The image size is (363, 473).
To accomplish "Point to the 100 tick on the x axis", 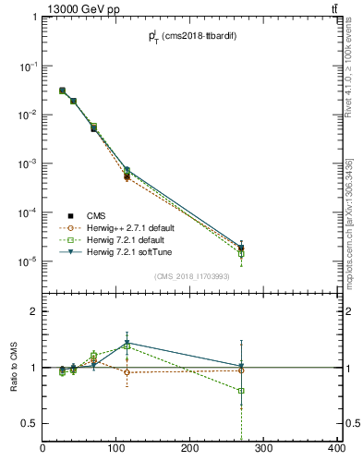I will click(116, 449).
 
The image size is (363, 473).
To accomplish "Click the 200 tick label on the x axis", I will click(190, 449).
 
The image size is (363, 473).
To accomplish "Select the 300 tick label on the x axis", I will click(263, 449).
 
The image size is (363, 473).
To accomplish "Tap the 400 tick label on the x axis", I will click(335, 449).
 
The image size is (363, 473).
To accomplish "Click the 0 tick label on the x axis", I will click(43, 449).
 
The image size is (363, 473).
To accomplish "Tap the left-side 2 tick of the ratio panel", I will click(33, 312).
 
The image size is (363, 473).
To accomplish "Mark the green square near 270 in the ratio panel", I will click(241, 391).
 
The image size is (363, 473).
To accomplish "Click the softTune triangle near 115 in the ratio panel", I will click(127, 343).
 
